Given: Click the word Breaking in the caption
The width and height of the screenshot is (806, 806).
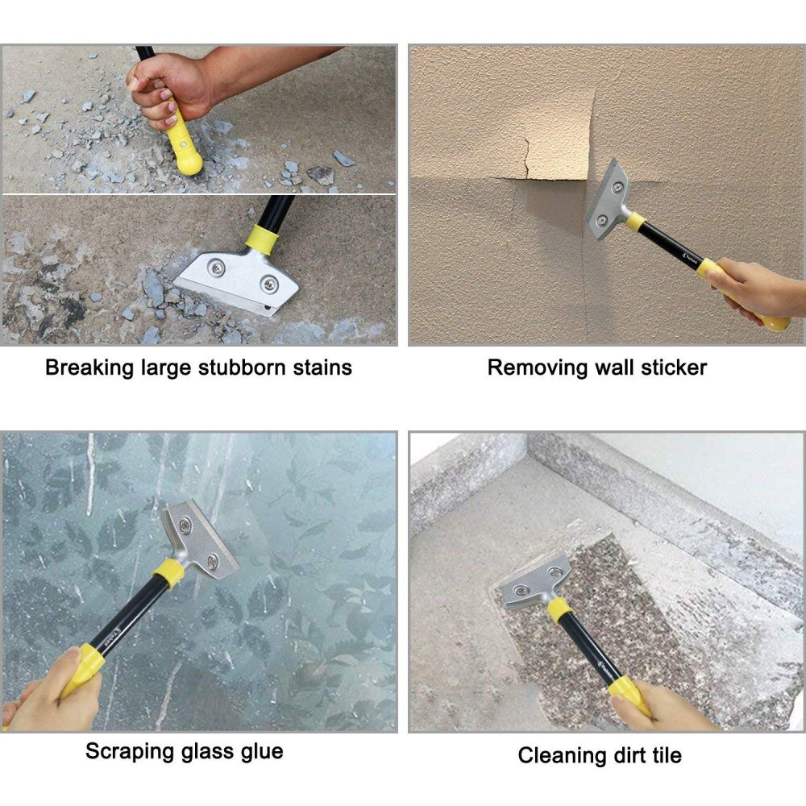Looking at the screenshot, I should [x=88, y=368].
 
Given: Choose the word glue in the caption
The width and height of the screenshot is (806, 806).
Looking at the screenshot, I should [x=260, y=752].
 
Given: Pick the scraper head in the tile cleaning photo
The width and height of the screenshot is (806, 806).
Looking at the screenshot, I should [x=535, y=583].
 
